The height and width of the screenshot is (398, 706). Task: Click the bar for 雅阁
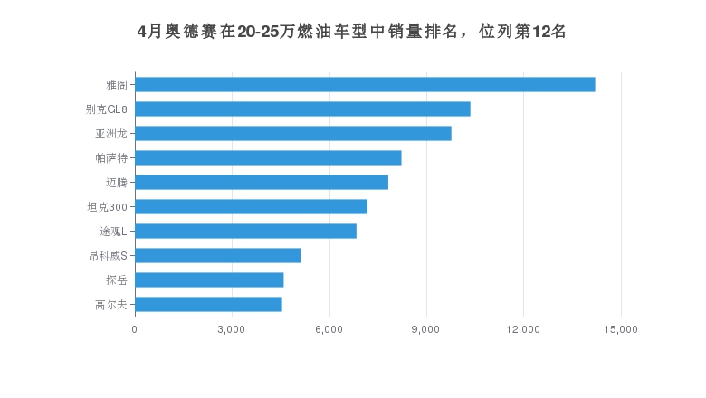tap(365, 85)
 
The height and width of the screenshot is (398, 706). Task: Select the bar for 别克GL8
tap(302, 109)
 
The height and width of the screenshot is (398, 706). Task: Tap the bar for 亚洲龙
tap(293, 134)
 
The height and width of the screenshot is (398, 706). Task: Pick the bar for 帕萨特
tap(268, 158)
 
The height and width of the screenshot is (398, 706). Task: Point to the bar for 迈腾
tap(262, 183)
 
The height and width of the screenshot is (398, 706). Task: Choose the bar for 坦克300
tap(251, 207)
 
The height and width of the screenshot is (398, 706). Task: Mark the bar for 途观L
tap(245, 232)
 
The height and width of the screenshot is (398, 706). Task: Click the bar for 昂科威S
tap(217, 256)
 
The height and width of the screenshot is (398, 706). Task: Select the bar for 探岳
tap(209, 280)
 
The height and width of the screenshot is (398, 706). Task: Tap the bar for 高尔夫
tap(208, 305)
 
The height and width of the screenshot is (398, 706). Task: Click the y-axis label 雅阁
tap(117, 85)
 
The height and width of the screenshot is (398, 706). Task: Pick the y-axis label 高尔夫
tap(111, 305)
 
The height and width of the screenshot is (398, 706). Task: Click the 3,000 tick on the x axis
tap(232, 330)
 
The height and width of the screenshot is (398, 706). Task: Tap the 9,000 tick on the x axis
tap(426, 330)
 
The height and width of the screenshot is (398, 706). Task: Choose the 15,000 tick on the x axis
tap(621, 330)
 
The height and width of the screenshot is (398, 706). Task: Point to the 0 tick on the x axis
tap(135, 330)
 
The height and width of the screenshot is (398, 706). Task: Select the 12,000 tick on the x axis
tap(524, 330)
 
